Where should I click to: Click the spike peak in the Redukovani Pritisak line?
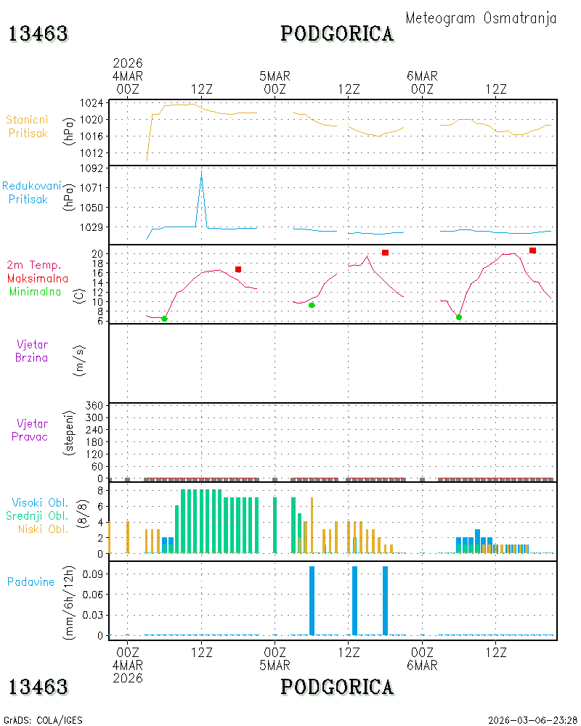[x=201, y=171]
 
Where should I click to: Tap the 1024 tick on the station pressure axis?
[x=92, y=103]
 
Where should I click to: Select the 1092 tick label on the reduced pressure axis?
[x=92, y=168]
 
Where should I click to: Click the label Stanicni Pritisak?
[x=28, y=126]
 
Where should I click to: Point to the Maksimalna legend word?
[x=38, y=278]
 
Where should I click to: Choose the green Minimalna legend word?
[x=35, y=292]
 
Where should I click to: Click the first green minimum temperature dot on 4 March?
[x=164, y=319]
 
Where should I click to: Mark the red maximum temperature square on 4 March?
[x=238, y=269]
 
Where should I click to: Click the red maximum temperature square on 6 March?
[x=532, y=250]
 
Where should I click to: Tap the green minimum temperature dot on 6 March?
[x=459, y=317]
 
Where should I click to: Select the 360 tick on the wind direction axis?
[x=94, y=406]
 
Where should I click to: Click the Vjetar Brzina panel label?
[x=31, y=351]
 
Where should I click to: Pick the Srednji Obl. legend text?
[x=37, y=515]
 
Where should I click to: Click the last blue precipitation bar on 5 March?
[x=385, y=600]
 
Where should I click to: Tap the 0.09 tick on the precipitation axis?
[x=93, y=574]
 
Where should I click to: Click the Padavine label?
[x=31, y=582]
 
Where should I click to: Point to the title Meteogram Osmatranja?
[x=481, y=18]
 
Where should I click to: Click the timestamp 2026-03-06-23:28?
[x=532, y=720]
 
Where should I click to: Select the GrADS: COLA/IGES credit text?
[x=43, y=720]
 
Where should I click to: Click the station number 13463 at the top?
[x=38, y=34]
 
